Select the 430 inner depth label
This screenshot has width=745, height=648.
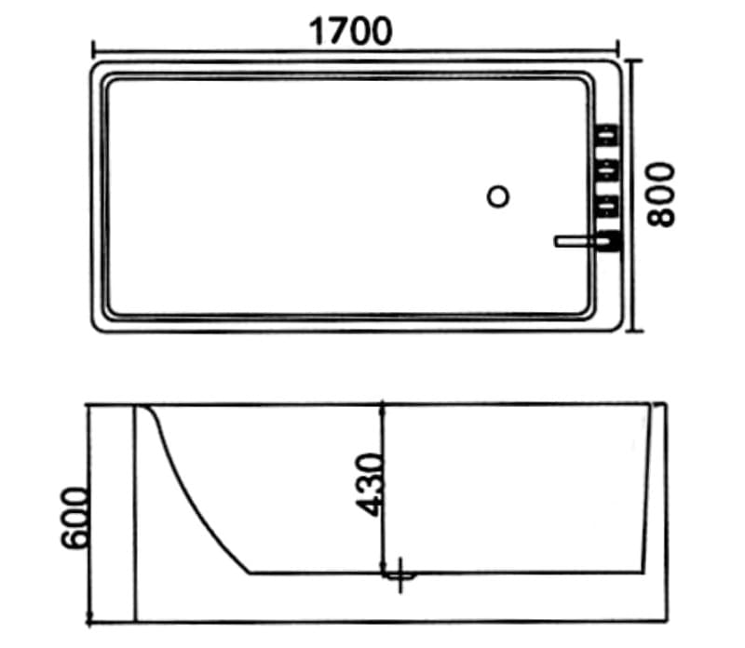[x=370, y=484]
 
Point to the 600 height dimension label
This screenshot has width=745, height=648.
[x=74, y=518]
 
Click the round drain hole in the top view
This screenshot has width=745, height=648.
[x=499, y=196]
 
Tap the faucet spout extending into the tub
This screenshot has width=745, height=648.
[x=577, y=242]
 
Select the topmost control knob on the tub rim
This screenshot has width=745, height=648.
[x=609, y=136]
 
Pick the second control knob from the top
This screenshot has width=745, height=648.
[x=609, y=170]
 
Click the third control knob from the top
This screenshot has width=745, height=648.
[x=609, y=204]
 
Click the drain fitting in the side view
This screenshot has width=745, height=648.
[x=401, y=576]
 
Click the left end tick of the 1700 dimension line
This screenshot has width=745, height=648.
[x=92, y=47]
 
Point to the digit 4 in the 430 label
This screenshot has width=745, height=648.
[x=370, y=504]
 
